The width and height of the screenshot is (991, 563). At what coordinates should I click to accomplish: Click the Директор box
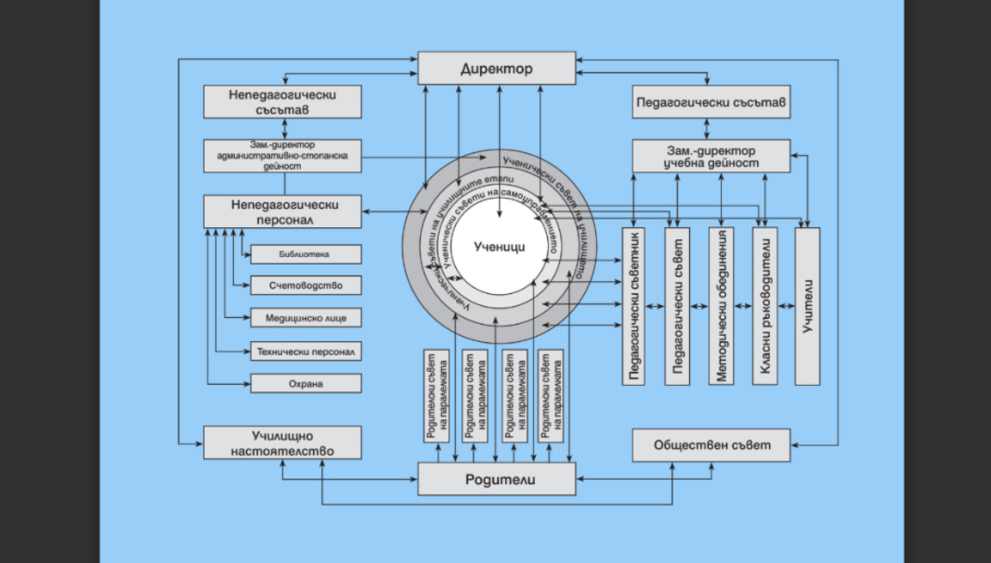pos(496,68)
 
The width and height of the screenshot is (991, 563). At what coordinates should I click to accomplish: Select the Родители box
pos(496,479)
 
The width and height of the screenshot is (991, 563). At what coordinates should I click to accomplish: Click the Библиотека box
pos(305,254)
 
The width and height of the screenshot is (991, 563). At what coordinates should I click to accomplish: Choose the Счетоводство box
pos(305,285)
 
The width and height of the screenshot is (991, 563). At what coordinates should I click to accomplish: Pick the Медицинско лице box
pos(305,317)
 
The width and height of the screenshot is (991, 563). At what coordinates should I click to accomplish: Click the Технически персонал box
pos(305,351)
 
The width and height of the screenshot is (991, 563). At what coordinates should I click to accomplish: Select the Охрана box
pos(305,383)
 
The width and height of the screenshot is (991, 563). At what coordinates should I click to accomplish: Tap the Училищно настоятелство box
pos(282,443)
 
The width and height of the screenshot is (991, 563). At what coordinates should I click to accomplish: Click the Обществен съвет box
pos(711,446)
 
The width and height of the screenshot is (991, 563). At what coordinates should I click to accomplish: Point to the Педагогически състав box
pos(711,102)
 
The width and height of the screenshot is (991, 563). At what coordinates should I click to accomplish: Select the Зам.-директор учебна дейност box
pos(711,156)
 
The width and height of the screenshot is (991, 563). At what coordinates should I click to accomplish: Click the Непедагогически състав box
pos(282,101)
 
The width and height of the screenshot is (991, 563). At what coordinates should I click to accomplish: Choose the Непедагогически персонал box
pos(282,211)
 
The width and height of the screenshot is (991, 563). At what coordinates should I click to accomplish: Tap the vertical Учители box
pos(807,306)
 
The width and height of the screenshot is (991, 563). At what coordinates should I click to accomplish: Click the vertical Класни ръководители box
pos(765,306)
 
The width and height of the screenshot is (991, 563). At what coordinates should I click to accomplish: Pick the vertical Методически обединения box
pos(721,306)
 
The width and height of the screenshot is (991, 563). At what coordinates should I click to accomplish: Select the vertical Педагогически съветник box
pos(633,306)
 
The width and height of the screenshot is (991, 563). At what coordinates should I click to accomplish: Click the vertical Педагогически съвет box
pos(677,306)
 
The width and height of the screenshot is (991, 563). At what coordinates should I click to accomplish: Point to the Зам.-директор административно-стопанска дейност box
pos(282,156)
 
